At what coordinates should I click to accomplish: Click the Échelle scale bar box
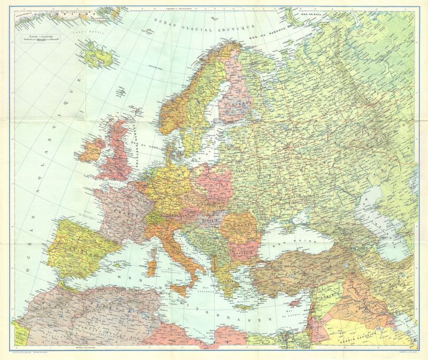(x=41, y=39)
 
